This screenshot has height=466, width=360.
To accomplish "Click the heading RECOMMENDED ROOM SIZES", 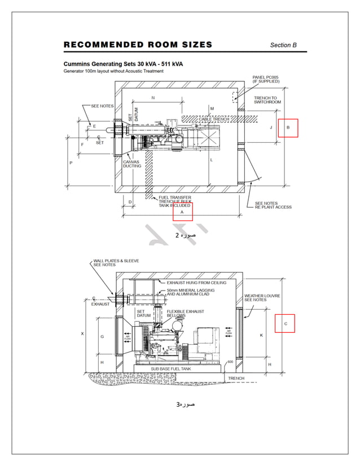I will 138,45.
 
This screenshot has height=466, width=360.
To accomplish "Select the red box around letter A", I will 182,212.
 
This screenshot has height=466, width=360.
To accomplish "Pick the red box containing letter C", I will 285,323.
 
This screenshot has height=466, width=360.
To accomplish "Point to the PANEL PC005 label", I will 266,79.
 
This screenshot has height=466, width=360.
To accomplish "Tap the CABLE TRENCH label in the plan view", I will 213,119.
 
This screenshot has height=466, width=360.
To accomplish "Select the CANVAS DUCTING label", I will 132,164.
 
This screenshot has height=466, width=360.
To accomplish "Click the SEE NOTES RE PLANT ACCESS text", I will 273,205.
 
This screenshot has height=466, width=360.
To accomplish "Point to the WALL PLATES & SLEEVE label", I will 116,262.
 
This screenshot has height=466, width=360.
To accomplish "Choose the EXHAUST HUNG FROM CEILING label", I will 196,282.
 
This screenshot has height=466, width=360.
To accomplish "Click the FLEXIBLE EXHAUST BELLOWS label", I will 185,313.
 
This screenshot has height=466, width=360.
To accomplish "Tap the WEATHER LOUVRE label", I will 262,297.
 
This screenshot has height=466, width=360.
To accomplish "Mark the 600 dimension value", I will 230,362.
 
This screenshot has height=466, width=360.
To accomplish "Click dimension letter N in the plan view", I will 152,98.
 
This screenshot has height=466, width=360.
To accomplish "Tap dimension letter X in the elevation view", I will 82,333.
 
